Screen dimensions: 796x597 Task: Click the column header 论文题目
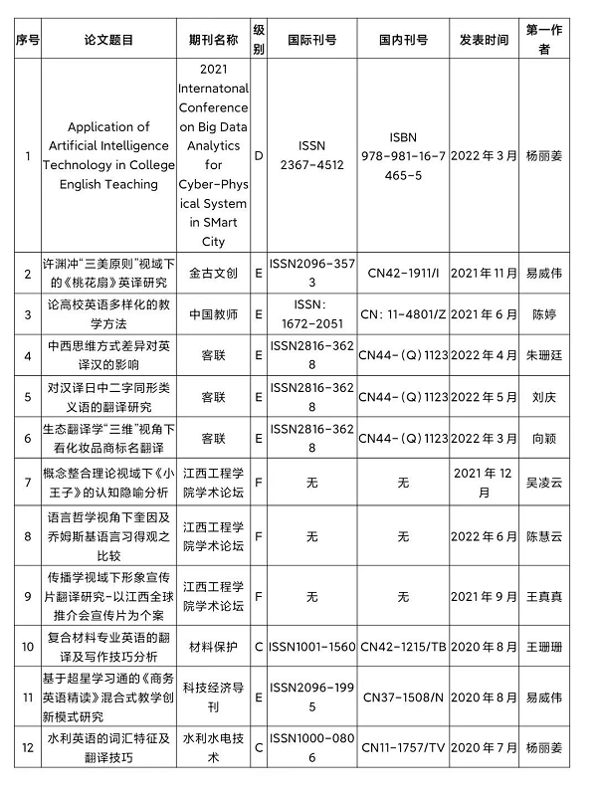click(108, 40)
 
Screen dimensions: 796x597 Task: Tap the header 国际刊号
click(311, 40)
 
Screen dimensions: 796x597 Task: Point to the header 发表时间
click(484, 40)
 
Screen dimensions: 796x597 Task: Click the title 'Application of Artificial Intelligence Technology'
click(108, 155)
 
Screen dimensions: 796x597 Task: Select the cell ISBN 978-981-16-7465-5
click(403, 155)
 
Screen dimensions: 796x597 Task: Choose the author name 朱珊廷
click(544, 355)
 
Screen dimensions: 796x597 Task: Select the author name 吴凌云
click(544, 482)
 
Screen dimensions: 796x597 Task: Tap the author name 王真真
click(544, 596)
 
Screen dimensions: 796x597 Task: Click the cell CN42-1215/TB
click(403, 646)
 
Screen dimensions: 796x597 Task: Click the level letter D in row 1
click(259, 155)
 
